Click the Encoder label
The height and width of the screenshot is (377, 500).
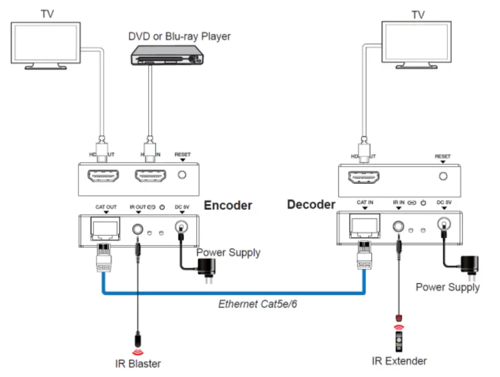pos(228,206)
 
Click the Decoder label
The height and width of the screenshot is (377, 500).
pos(311,204)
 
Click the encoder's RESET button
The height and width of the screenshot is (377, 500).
pos(183,175)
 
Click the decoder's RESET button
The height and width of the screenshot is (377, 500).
pos(443,176)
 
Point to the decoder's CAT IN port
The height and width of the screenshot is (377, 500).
pos(365,226)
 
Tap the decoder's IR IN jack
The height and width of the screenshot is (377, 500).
pos(399,227)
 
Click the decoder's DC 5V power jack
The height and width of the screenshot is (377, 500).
pos(444,225)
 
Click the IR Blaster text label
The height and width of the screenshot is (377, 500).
pos(137,363)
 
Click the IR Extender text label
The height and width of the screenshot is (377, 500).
pos(399,360)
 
